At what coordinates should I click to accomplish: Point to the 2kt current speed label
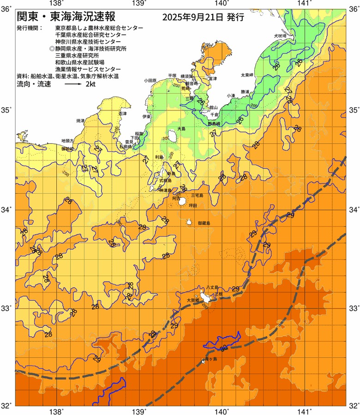pyautogui.click(x=90, y=85)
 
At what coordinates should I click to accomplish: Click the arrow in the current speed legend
pyautogui.click(x=73, y=85)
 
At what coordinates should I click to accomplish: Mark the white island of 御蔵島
pyautogui.click(x=189, y=223)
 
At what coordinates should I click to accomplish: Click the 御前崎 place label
pyautogui.click(x=67, y=149)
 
